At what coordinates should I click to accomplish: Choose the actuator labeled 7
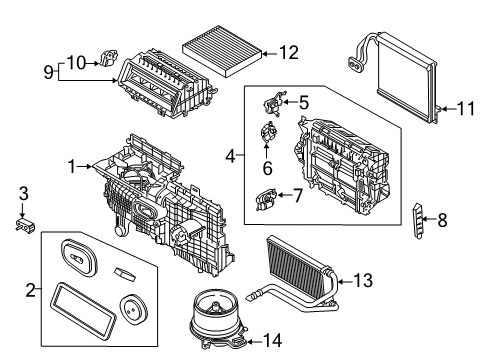coord(265,200)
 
